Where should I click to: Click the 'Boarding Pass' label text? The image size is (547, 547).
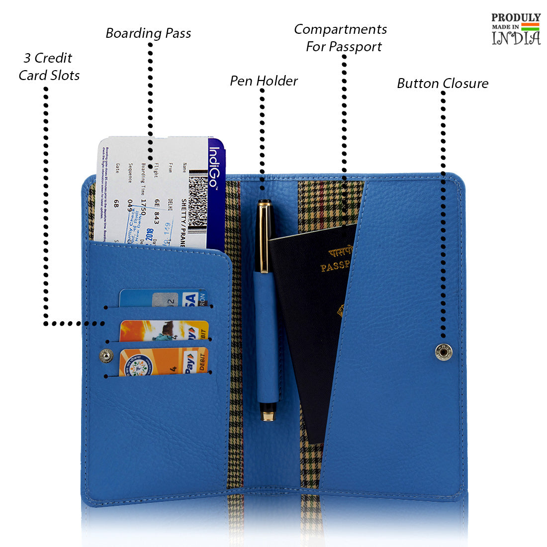(x=148, y=33)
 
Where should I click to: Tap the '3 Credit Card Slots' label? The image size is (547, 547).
(x=49, y=67)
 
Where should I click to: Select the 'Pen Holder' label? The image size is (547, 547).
(x=264, y=81)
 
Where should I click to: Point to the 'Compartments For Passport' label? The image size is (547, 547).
(x=341, y=38)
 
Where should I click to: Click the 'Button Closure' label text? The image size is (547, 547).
(x=443, y=84)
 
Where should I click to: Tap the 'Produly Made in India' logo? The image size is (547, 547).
(x=516, y=29)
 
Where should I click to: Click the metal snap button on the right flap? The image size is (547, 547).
(x=444, y=352)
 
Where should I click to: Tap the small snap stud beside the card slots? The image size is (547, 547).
(x=106, y=356)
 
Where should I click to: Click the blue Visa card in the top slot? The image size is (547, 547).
(x=163, y=298)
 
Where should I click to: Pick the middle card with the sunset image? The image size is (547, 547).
(x=164, y=331)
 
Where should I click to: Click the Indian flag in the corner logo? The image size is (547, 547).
(x=530, y=26)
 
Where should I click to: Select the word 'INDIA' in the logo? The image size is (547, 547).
(x=516, y=38)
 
